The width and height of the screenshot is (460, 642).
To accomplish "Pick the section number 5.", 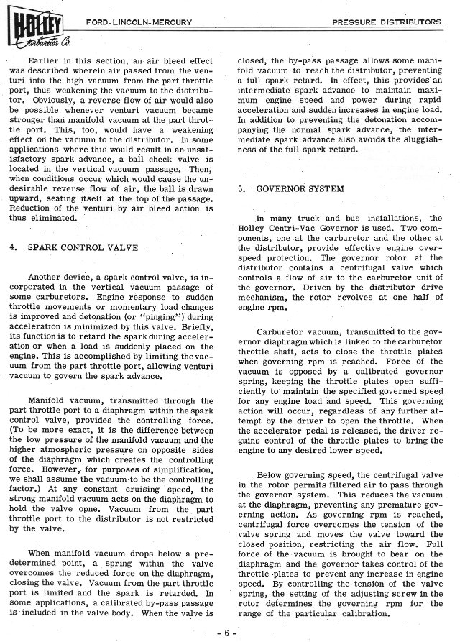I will pyautogui.click(x=241, y=188).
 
